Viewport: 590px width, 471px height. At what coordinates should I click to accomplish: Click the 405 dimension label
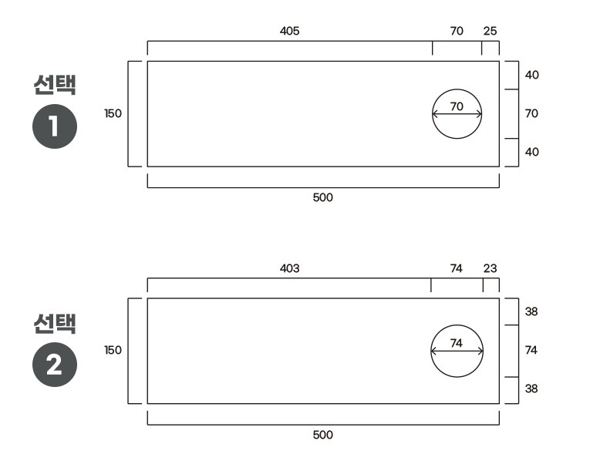pyautogui.click(x=289, y=31)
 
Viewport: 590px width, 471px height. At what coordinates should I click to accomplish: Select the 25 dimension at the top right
pyautogui.click(x=490, y=31)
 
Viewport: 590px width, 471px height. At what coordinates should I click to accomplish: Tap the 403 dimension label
pyautogui.click(x=289, y=268)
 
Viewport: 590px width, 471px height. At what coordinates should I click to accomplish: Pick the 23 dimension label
pyautogui.click(x=490, y=268)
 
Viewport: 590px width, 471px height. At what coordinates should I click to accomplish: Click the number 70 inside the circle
pyautogui.click(x=457, y=106)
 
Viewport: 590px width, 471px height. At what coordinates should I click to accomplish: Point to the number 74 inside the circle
pyautogui.click(x=456, y=343)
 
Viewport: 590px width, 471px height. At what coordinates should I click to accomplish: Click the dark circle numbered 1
pyautogui.click(x=55, y=126)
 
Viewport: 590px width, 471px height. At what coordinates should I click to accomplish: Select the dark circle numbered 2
pyautogui.click(x=55, y=365)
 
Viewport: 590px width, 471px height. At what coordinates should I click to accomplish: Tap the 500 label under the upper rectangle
pyautogui.click(x=323, y=197)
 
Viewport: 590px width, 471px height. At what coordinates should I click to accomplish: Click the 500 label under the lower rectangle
pyautogui.click(x=323, y=435)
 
